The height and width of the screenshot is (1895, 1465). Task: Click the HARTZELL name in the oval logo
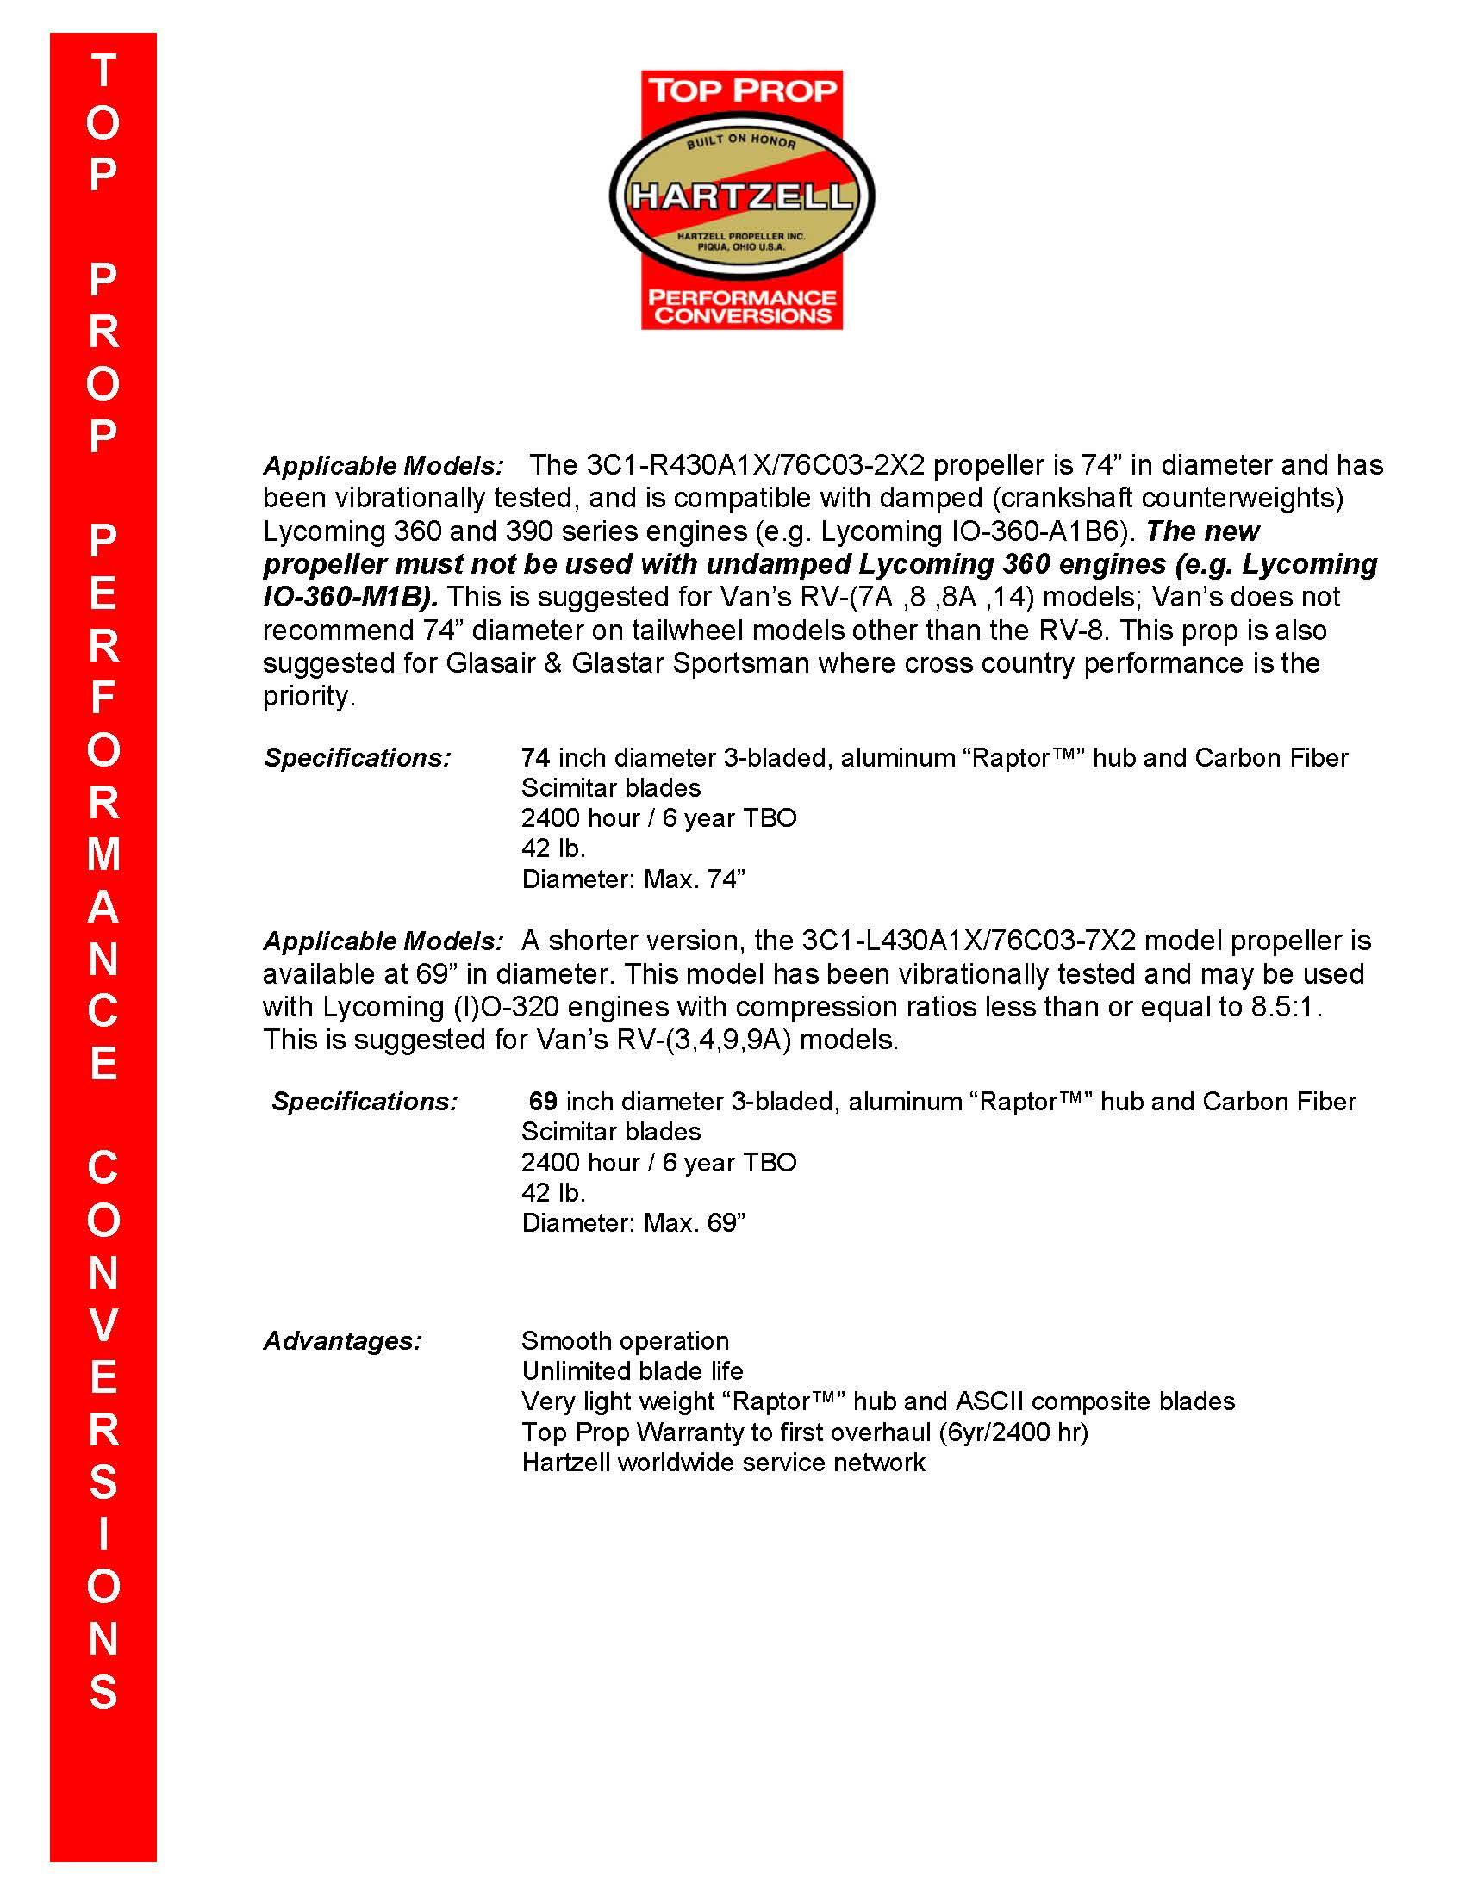click(741, 197)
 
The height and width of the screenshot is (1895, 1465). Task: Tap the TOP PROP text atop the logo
click(742, 90)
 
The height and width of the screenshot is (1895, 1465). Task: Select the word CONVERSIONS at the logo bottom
click(742, 315)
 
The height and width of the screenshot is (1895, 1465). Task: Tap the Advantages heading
click(343, 1340)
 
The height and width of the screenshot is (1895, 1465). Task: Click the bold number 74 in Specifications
click(535, 757)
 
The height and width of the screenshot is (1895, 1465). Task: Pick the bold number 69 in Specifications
click(543, 1101)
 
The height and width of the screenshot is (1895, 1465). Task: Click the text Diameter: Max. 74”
click(633, 879)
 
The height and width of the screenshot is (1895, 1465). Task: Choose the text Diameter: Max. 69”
click(633, 1222)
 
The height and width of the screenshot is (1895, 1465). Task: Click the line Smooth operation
click(625, 1340)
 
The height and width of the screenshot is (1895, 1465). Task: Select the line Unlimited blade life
click(633, 1371)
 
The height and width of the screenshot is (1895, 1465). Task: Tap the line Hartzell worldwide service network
click(724, 1462)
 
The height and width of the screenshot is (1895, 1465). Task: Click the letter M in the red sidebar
click(103, 854)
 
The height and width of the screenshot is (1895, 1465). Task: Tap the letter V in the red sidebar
click(103, 1325)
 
